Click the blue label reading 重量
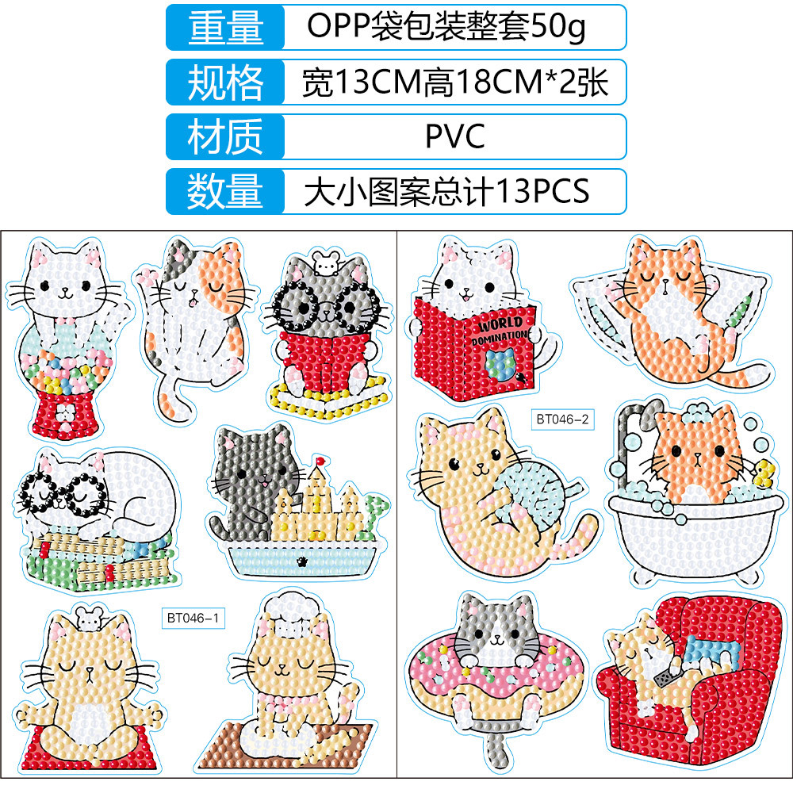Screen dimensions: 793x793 tap(224, 28)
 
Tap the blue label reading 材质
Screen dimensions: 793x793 tap(224, 136)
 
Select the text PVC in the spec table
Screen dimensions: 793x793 tap(454, 136)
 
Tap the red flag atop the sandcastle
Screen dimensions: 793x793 tap(321, 460)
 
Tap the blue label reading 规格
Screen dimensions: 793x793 tap(224, 82)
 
